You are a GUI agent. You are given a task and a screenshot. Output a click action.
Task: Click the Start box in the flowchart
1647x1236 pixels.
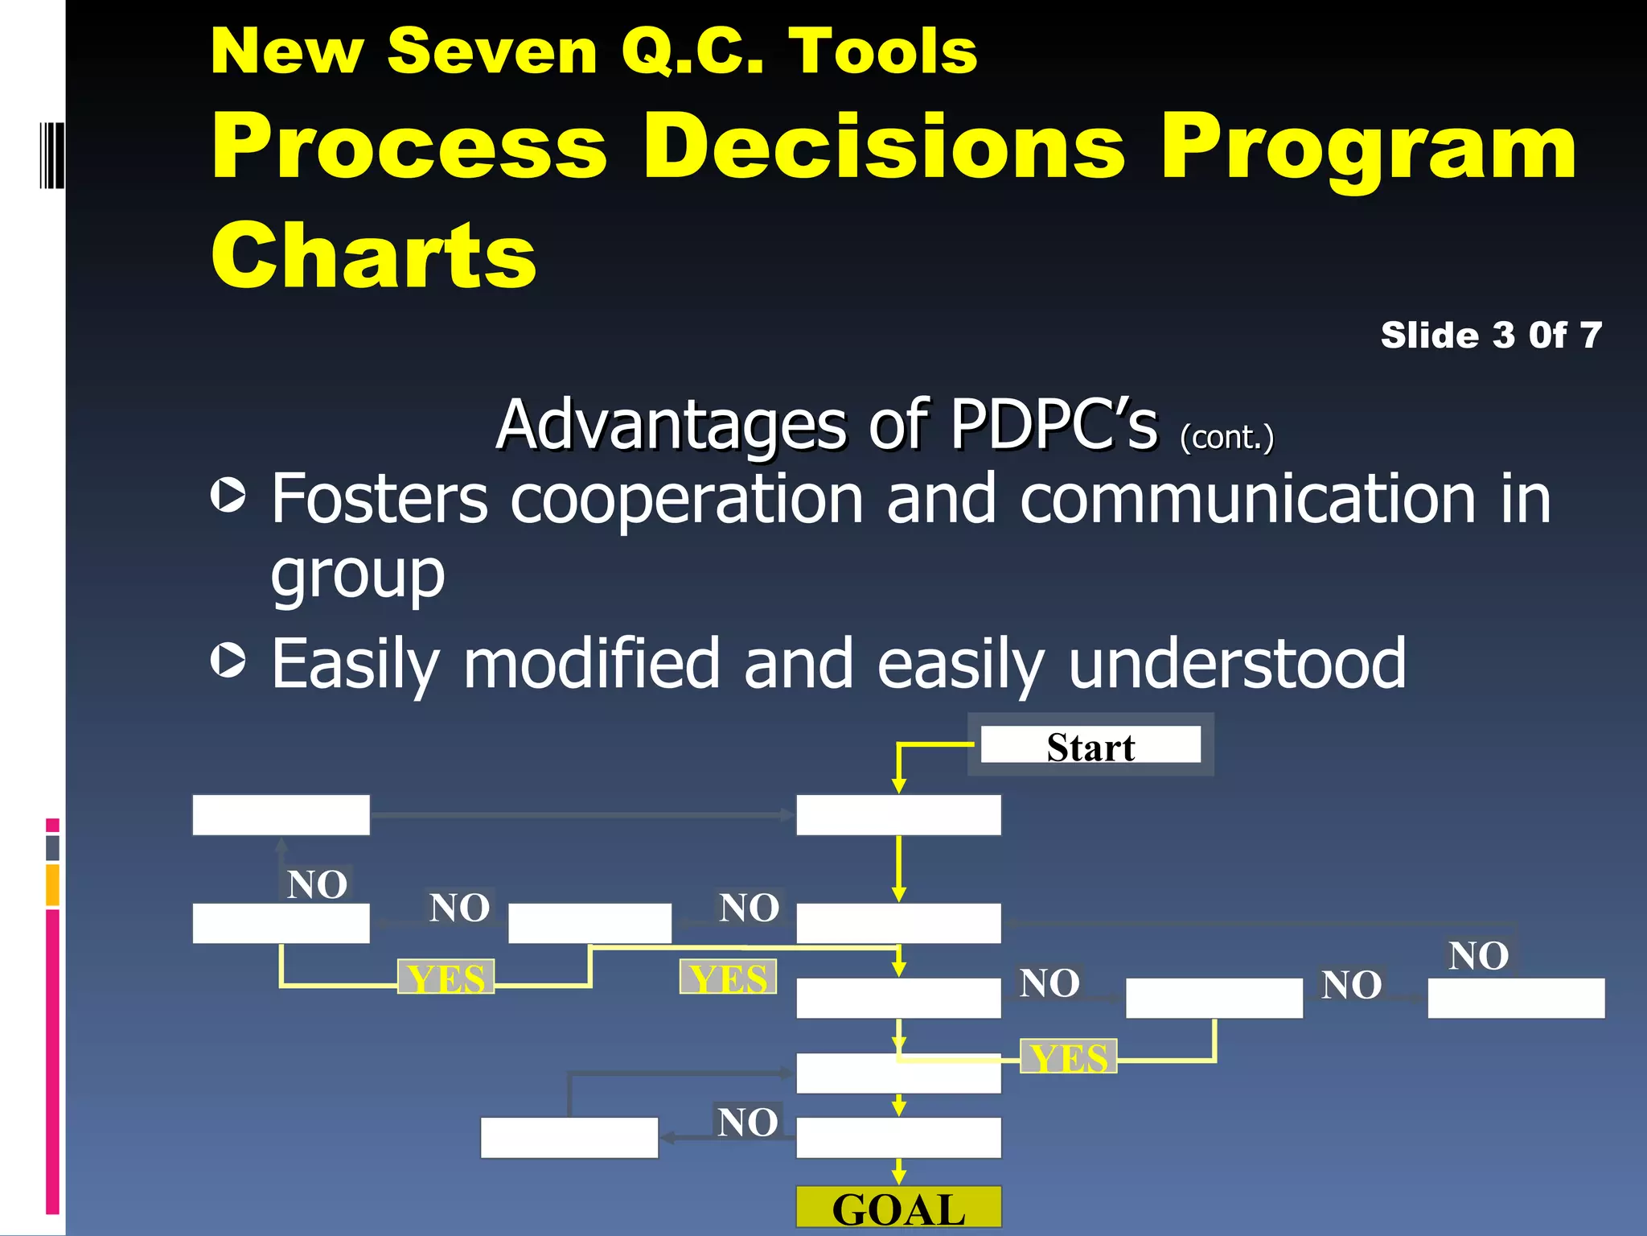pos(1090,745)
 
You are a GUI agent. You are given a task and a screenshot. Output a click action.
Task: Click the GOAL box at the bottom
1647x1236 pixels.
pos(898,1208)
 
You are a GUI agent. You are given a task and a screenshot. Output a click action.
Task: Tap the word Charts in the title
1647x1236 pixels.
pos(374,255)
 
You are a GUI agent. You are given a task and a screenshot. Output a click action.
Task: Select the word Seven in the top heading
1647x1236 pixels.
pos(492,51)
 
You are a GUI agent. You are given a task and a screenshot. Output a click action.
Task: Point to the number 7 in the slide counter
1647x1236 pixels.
pos(1590,335)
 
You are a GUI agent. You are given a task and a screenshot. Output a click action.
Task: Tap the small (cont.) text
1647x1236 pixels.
pos(1226,437)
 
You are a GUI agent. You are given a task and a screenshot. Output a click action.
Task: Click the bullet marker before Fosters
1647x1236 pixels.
pos(228,495)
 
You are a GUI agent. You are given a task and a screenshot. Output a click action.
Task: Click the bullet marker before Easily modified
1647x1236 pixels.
pos(228,660)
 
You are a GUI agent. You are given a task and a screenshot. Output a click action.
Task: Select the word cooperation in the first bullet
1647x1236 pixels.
pos(688,500)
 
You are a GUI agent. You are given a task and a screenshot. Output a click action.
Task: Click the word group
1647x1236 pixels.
pos(358,575)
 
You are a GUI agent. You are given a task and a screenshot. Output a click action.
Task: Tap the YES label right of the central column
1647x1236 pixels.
pos(1068,1057)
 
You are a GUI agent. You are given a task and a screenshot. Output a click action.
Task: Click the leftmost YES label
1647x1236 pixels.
pos(446,978)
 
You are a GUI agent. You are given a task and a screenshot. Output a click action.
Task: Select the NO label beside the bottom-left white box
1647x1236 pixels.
pos(747,1122)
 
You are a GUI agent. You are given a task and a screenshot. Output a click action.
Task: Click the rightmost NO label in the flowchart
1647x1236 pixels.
pos(1478,956)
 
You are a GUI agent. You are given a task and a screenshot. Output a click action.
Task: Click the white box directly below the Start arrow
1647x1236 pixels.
pos(898,815)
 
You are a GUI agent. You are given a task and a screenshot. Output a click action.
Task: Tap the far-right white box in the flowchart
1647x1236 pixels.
pos(1516,998)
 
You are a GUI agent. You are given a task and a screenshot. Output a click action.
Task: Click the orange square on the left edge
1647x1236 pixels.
pos(52,885)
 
